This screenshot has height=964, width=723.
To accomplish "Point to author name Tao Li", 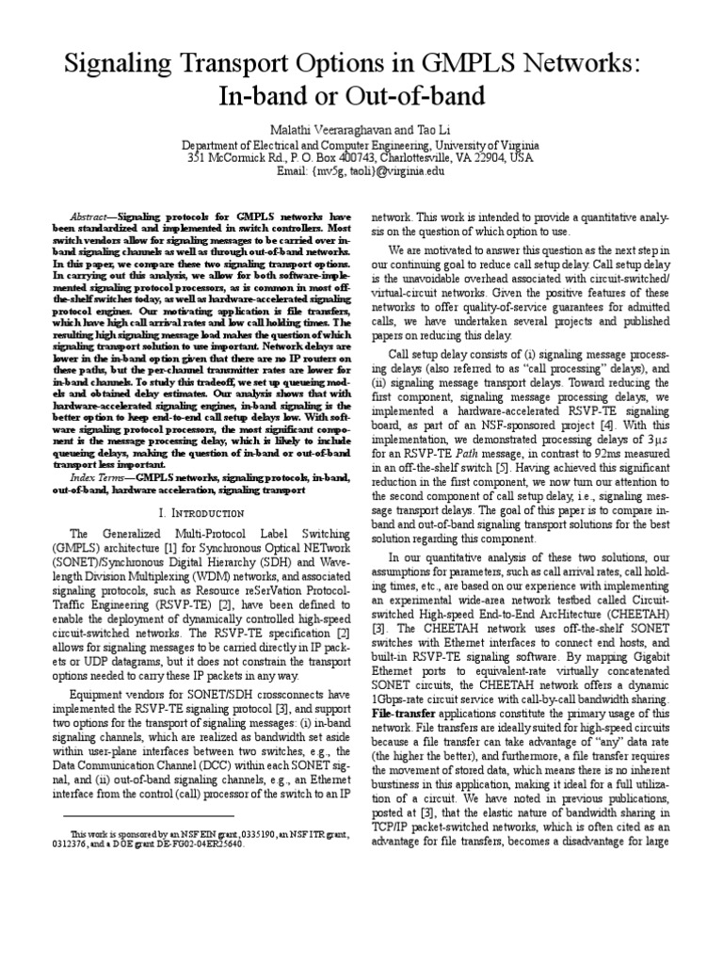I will [x=418, y=128].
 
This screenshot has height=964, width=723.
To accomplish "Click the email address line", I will [x=361, y=172].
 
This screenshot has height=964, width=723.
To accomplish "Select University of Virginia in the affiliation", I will [x=487, y=144].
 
